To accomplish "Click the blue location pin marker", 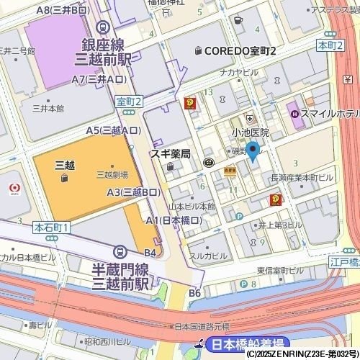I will coord(253,151).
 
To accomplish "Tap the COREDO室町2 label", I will coord(240,51).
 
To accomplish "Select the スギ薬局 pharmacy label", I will coord(170,154).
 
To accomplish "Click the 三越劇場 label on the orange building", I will coord(113,174).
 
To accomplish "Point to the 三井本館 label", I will coord(48,109).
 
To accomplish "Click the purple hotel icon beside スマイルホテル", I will coord(294,112).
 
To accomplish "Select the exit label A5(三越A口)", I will coord(113,131).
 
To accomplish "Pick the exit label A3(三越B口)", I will coord(133,192).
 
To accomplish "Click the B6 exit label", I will coord(195,293).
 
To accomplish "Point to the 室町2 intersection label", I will coord(130,102).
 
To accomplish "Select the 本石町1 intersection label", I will coord(52,228).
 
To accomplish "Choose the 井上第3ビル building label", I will coord(281,224).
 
